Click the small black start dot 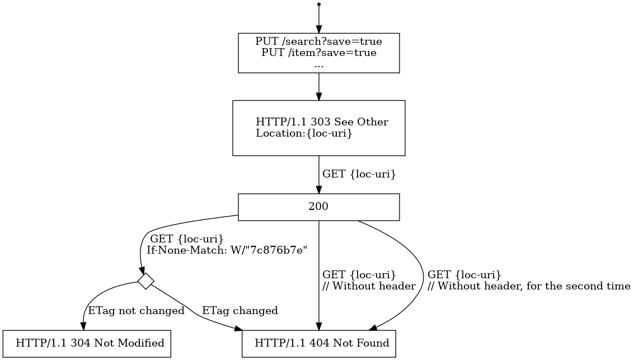[x=318, y=4]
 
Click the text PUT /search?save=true [x=318, y=41]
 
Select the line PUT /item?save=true [x=318, y=53]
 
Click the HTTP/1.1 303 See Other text [x=322, y=122]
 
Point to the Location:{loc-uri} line [x=304, y=133]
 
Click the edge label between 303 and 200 [x=359, y=174]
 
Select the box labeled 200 [x=318, y=207]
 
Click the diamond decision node [x=145, y=281]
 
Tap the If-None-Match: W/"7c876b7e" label [x=227, y=250]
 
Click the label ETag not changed [x=137, y=311]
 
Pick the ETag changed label [x=239, y=311]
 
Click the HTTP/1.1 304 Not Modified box [x=86, y=343]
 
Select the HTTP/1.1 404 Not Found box [x=318, y=343]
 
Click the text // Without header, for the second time [x=529, y=286]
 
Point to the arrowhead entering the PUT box [x=318, y=30]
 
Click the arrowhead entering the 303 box [x=318, y=96]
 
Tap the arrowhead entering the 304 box [x=84, y=326]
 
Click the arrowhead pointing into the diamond [x=143, y=270]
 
